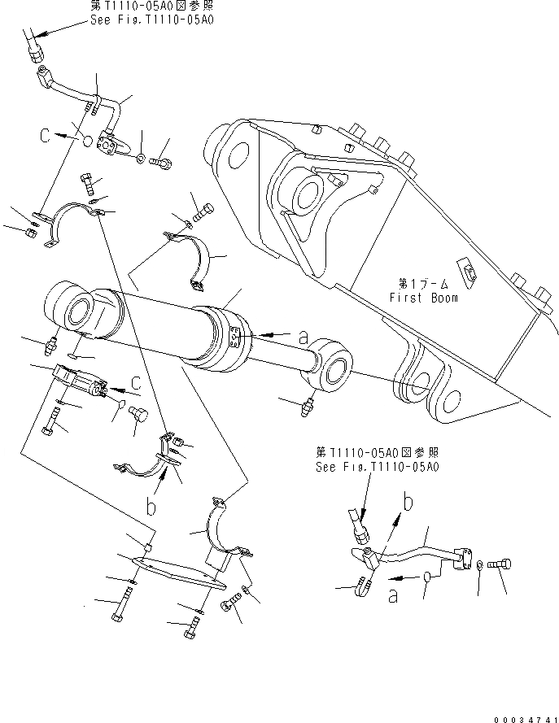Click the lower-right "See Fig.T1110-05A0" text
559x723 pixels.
[378, 467]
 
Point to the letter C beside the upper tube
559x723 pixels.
[47, 137]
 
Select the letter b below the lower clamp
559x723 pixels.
[150, 508]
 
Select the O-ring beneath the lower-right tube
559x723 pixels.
[426, 577]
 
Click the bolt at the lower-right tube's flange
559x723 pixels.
[501, 564]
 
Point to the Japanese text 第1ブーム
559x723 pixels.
[421, 284]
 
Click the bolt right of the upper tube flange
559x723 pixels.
[164, 163]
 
